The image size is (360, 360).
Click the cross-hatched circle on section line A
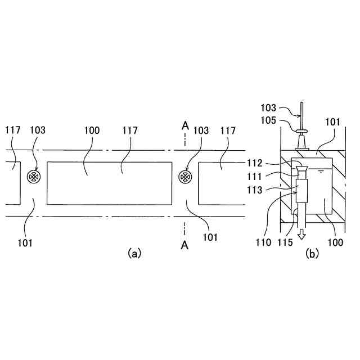point(183,177)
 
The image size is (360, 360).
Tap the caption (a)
point(133,253)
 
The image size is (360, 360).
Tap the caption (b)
point(312,253)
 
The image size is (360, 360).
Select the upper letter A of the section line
point(184,126)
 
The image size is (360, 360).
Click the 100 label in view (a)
point(92,130)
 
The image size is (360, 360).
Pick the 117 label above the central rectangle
point(130,130)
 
